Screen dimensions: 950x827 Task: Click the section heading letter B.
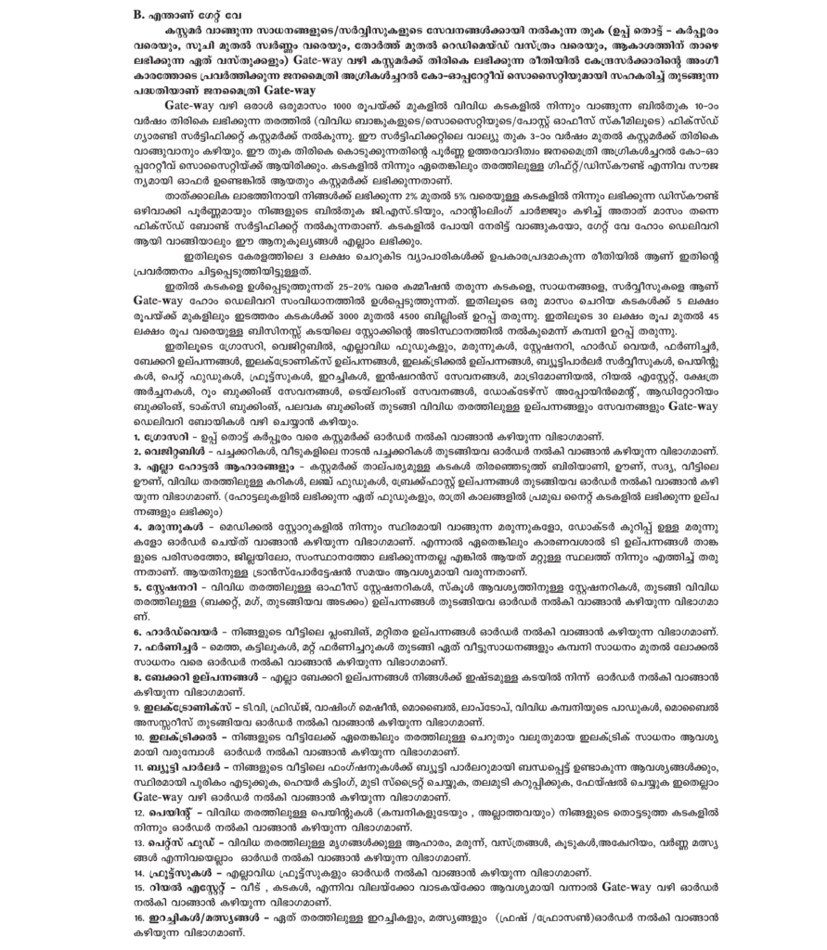[139, 14]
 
